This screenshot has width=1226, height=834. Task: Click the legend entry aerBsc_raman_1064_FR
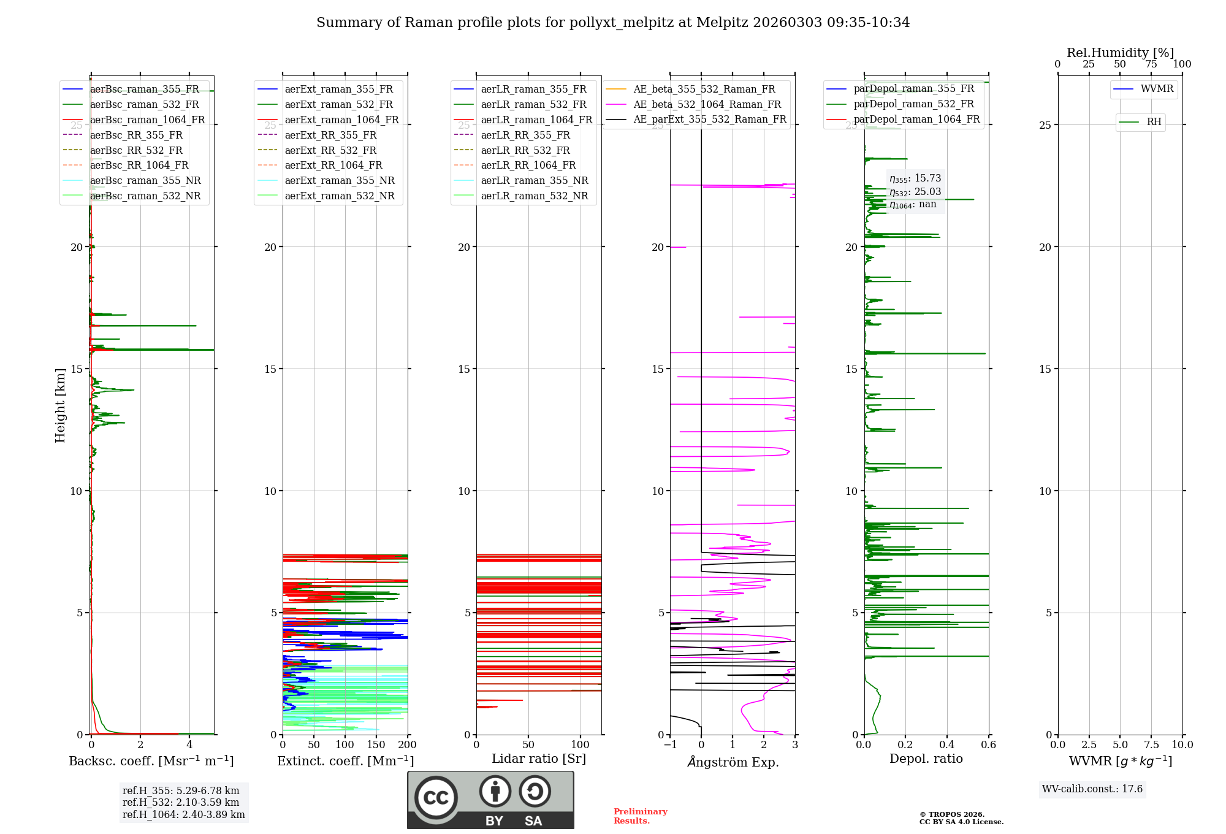pyautogui.click(x=147, y=120)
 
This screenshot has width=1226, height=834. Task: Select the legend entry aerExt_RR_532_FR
pyautogui.click(x=330, y=151)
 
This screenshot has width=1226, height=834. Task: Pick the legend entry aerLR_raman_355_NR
pyautogui.click(x=534, y=181)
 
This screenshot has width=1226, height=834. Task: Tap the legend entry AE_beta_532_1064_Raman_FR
pyautogui.click(x=707, y=105)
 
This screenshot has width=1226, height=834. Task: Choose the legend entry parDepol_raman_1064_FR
pyautogui.click(x=916, y=120)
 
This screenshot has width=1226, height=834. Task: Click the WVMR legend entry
pyautogui.click(x=1157, y=89)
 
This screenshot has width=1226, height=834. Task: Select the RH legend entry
pyautogui.click(x=1154, y=122)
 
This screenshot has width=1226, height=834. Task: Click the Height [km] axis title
pyautogui.click(x=60, y=405)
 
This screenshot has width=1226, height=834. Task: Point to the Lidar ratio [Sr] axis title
pyautogui.click(x=539, y=759)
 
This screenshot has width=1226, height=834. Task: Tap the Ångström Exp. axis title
pyautogui.click(x=733, y=762)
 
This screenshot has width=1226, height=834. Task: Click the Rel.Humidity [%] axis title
pyautogui.click(x=1120, y=53)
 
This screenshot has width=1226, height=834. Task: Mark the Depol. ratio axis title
pyautogui.click(x=926, y=759)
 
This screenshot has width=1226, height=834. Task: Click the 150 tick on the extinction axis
pyautogui.click(x=376, y=745)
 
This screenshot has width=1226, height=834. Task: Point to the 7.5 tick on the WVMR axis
pyautogui.click(x=1151, y=745)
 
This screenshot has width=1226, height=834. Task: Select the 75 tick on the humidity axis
pyautogui.click(x=1151, y=64)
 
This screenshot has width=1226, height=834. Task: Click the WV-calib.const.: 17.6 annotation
pyautogui.click(x=1092, y=789)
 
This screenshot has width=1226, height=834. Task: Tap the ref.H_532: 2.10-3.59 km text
pyautogui.click(x=181, y=803)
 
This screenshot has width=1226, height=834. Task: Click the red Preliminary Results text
pyautogui.click(x=640, y=816)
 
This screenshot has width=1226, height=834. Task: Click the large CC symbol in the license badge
pyautogui.click(x=436, y=798)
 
